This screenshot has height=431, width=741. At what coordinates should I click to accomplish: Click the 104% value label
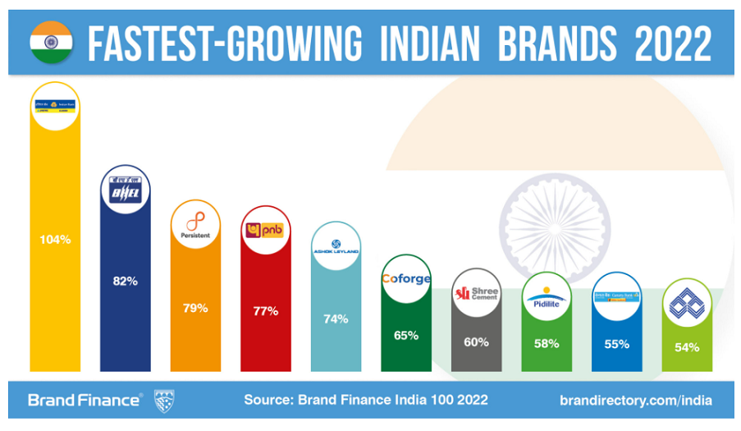(x=55, y=240)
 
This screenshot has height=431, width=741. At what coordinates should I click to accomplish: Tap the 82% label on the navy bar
(x=125, y=281)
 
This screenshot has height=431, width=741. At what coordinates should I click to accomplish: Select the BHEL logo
(x=125, y=191)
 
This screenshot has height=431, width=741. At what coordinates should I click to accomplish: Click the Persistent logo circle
(x=195, y=224)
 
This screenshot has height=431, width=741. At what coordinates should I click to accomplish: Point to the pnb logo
(x=265, y=231)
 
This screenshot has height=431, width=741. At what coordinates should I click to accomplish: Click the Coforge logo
(x=406, y=279)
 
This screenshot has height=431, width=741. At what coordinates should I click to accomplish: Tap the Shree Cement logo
(x=476, y=293)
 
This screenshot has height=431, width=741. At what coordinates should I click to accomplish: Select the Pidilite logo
(x=547, y=300)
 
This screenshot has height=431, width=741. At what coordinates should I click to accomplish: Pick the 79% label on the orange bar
(x=195, y=309)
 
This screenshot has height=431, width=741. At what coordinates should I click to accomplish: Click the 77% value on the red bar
(x=265, y=311)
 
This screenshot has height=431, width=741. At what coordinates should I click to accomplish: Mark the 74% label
(x=336, y=319)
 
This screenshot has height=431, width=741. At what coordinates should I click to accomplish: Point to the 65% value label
(x=406, y=335)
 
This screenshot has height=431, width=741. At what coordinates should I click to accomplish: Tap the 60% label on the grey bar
(x=476, y=342)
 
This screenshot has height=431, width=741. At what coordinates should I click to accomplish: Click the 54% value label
(x=687, y=347)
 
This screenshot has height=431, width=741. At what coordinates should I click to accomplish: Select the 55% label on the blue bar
(x=616, y=344)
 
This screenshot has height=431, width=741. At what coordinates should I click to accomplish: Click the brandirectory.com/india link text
(x=635, y=401)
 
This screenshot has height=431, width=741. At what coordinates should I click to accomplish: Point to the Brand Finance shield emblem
(x=163, y=401)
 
